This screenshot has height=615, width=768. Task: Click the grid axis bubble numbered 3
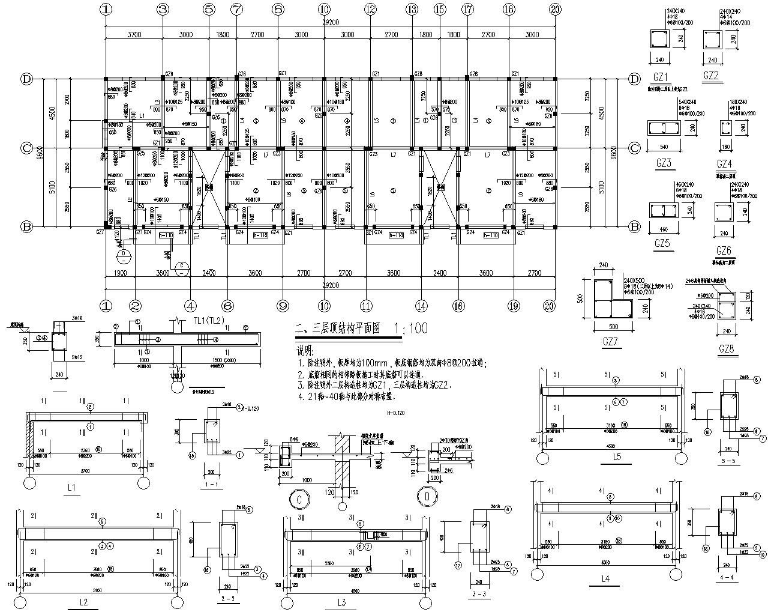[x=163, y=9]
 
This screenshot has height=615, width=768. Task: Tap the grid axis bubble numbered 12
[x=370, y=9]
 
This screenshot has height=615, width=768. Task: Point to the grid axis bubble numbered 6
[x=227, y=305]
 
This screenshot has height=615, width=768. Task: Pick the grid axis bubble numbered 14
[x=422, y=305]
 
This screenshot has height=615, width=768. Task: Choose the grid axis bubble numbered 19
[x=513, y=305]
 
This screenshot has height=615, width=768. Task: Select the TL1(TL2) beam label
[x=209, y=321]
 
